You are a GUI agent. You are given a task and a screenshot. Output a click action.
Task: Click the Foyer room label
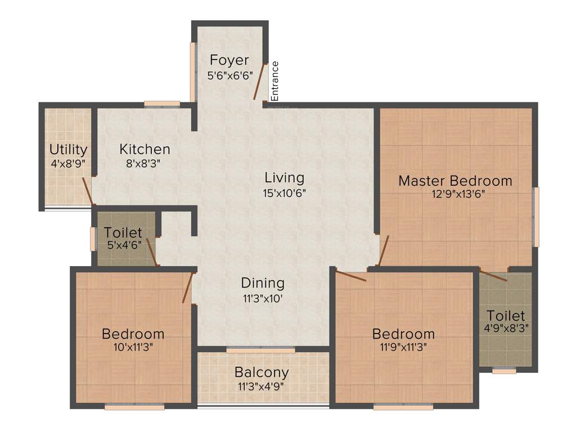click(229, 60)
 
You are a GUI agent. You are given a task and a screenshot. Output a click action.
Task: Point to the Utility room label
click(68, 150)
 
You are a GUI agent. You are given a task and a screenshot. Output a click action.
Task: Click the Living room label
click(285, 178)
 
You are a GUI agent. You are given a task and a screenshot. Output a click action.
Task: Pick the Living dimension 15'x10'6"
click(285, 192)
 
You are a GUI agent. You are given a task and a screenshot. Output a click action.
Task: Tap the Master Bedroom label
click(455, 181)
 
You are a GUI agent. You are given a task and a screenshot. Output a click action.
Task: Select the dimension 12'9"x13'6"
click(455, 195)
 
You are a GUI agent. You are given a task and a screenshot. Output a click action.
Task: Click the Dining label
click(263, 283)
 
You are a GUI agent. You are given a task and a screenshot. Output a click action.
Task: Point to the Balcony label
click(262, 372)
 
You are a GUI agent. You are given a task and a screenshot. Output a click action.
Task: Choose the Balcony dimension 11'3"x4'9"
click(262, 386)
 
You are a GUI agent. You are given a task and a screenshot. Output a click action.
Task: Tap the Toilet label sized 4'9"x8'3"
click(506, 316)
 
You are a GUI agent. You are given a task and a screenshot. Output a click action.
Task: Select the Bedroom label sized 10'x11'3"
click(133, 334)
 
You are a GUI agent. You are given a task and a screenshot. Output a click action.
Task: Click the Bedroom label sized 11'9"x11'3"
click(403, 334)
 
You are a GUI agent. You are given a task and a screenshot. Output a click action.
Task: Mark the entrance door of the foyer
click(259, 82)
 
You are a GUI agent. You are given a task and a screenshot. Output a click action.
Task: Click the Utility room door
click(87, 191)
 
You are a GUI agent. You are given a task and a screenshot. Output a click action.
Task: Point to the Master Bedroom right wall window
click(536, 217)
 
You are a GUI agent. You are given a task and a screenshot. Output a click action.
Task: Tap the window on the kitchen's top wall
click(162, 104)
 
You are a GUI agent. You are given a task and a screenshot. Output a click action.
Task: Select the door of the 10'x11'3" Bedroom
click(188, 287)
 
